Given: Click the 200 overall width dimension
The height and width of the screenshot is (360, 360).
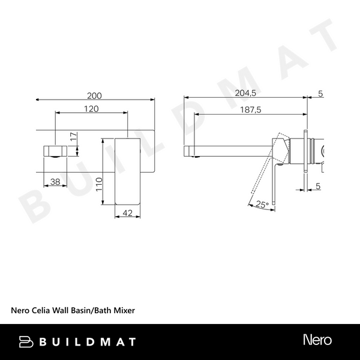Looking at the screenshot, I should tap(94, 95).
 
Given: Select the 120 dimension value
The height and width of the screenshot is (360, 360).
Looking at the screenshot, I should tap(91, 109).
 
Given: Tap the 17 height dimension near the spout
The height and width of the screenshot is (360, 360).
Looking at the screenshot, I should tap(73, 137).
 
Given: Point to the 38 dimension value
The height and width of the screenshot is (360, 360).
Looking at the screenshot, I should tap(55, 181).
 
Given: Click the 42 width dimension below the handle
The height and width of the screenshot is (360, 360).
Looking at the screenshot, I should tap(127, 212).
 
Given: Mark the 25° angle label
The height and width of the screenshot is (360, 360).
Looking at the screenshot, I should tap(262, 205).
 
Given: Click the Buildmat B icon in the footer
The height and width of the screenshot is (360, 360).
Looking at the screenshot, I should tap(26, 341).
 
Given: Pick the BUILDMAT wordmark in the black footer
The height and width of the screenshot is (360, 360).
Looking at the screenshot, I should tap(87, 342).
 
